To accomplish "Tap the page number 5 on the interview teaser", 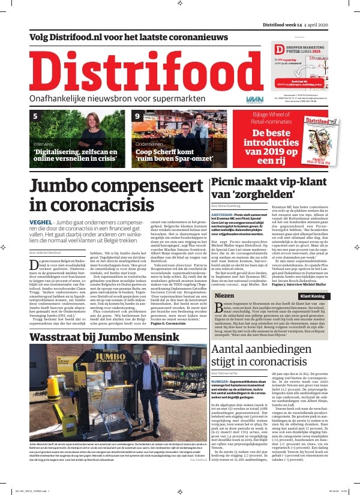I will pos(35,116).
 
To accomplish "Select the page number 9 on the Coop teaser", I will pos(137,116).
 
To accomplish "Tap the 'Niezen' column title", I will pos(225,280).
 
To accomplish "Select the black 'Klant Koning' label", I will pos(313,280).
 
